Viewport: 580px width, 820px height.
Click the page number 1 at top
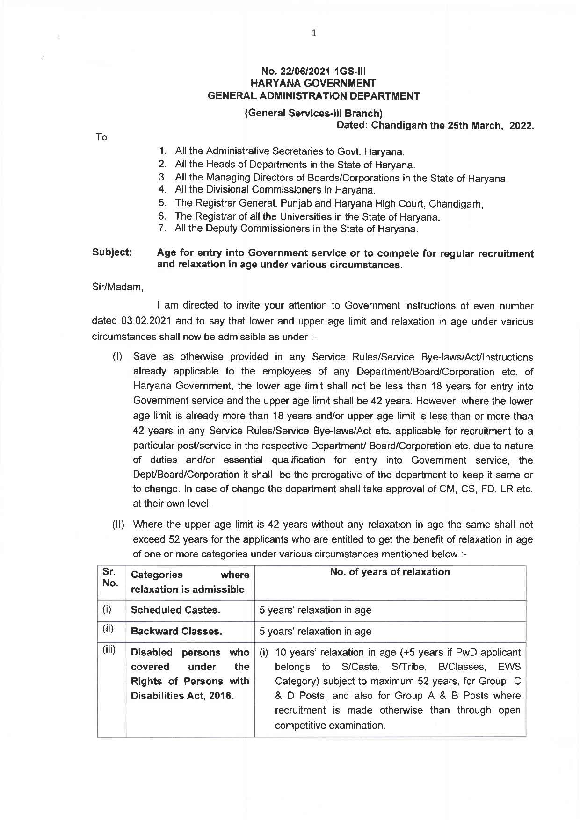tap(314, 33)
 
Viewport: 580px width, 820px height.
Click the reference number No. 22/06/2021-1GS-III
tap(313, 72)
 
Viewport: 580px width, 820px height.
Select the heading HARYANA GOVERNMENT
tap(313, 84)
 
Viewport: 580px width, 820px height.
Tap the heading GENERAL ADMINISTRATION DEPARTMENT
tap(313, 96)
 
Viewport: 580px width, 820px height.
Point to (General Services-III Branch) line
tap(313, 113)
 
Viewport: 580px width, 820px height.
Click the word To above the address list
tap(101, 137)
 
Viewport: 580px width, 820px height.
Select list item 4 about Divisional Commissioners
tap(275, 190)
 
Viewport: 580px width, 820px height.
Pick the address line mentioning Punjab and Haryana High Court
tap(329, 204)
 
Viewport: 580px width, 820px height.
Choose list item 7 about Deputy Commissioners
tap(296, 229)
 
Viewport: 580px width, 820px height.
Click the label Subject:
tap(112, 252)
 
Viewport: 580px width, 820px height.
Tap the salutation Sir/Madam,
tap(117, 287)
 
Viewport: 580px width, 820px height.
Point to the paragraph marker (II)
tap(118, 525)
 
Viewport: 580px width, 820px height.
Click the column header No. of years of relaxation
tap(390, 572)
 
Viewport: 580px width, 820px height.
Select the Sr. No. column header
tap(110, 578)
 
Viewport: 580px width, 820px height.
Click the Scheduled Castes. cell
tap(175, 610)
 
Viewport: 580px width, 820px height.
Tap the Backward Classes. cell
tap(176, 632)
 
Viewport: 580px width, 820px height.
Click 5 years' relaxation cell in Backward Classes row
tap(315, 632)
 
